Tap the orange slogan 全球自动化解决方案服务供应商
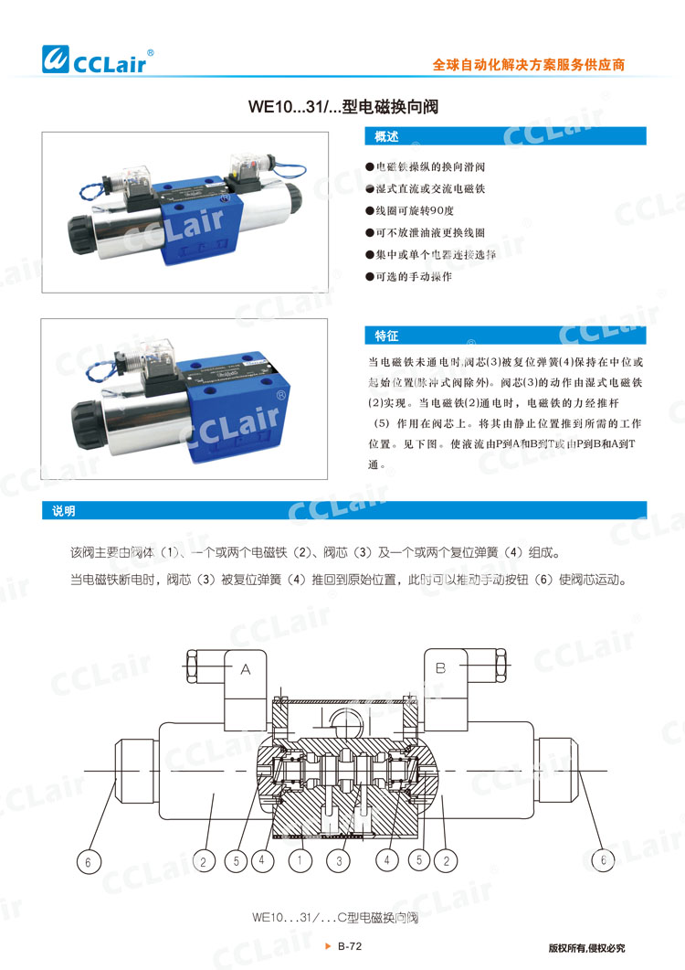point(529,66)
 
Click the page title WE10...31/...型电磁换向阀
point(343,107)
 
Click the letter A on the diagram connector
point(246,670)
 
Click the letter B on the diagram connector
point(439,669)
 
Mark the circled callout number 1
point(299,860)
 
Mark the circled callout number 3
point(339,860)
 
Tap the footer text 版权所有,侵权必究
point(586,948)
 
